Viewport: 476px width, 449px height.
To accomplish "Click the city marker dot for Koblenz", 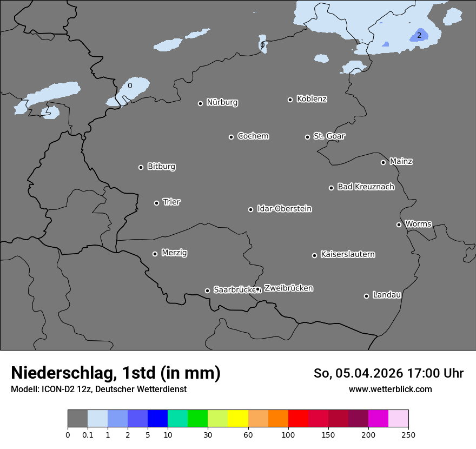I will [x=290, y=100].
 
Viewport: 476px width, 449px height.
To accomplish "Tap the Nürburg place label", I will [x=222, y=102].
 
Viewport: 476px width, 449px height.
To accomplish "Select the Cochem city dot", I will [x=231, y=137].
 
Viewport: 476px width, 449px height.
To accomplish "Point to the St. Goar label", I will [x=329, y=136].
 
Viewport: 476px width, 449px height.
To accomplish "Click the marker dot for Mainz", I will [x=383, y=162].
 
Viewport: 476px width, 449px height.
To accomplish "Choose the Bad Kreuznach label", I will [x=366, y=187].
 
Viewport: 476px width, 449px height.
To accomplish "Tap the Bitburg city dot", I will [x=141, y=167].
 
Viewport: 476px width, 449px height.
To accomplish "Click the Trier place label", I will [x=171, y=202].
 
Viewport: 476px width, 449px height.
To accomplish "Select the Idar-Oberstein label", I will [x=284, y=208].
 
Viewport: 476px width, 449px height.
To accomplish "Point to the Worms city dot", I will [x=399, y=225].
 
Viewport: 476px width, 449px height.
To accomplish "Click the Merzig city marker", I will [x=155, y=254].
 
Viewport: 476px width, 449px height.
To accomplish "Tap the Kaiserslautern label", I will [x=347, y=254].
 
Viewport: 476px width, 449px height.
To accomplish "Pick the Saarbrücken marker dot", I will [x=207, y=290].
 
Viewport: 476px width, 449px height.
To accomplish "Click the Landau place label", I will [x=387, y=295].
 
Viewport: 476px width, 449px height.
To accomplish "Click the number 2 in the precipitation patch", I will [x=419, y=36].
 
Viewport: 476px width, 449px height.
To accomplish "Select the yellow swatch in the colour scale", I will [x=238, y=419].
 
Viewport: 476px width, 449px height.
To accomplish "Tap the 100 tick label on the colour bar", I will [x=288, y=434].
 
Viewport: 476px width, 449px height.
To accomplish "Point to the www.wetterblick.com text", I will [x=390, y=389].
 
